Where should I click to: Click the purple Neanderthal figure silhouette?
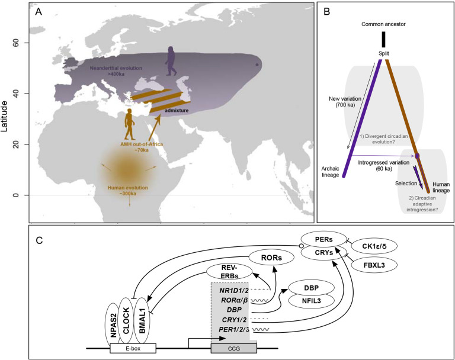(x=171, y=62)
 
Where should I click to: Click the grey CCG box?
(x=233, y=348)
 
